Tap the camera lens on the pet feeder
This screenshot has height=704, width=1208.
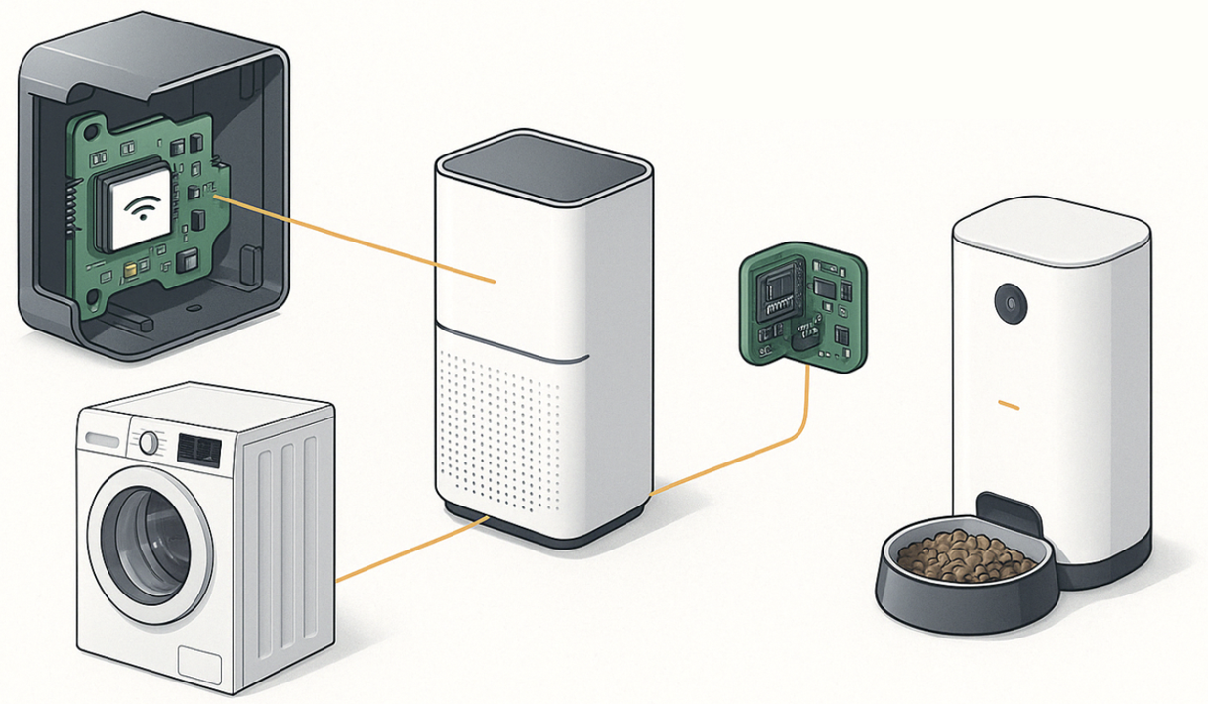[x=1011, y=303]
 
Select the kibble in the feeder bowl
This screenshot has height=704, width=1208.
[x=965, y=555]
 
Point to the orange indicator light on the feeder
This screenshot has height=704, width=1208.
[x=1009, y=405]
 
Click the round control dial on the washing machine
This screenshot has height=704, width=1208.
[x=149, y=443]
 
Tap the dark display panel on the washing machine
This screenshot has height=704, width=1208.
[x=198, y=450]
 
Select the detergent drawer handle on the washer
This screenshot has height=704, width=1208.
[x=101, y=439]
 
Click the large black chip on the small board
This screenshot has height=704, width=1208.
[x=780, y=288]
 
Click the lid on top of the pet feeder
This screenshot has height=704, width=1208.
[x=1050, y=228]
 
